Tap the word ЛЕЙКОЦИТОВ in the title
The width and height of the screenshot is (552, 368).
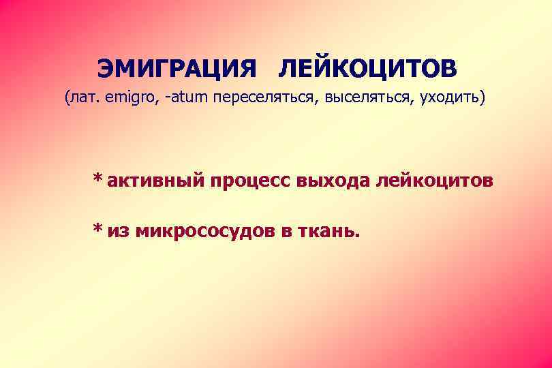coord(368,69)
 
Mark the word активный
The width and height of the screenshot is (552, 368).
coord(155,182)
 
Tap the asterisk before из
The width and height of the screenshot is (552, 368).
coord(99,229)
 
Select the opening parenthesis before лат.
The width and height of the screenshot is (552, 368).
coord(67,99)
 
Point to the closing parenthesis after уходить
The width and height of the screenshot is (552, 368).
coord(483,99)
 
